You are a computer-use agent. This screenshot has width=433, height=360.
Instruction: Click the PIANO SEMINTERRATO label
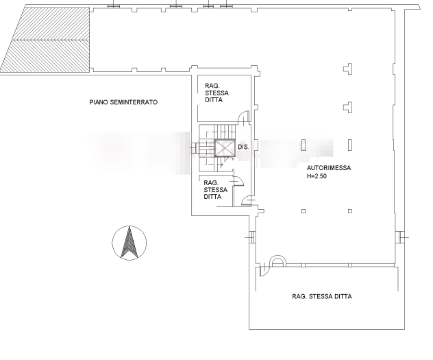(123, 102)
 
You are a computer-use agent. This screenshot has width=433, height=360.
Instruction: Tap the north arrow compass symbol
(129, 243)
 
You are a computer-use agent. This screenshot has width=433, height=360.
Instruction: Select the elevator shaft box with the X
(225, 148)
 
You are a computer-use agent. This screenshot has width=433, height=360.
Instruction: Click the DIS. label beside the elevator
(243, 147)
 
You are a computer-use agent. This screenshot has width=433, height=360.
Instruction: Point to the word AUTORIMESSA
(329, 168)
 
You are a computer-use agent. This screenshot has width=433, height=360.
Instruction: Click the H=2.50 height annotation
(317, 176)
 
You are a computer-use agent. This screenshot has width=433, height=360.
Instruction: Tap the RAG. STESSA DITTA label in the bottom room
(322, 296)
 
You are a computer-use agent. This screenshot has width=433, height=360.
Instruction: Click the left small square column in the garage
(304, 211)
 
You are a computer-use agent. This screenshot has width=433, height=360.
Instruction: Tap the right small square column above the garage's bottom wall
(350, 211)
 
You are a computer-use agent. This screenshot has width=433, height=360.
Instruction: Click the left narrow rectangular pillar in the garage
(304, 145)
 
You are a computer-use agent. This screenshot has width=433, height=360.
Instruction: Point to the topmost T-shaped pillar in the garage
(348, 69)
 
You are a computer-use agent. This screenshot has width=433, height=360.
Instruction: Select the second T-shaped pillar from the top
(348, 107)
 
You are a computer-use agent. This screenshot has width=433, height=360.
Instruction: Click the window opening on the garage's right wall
(401, 237)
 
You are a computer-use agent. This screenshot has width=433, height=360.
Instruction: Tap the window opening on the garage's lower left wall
(251, 237)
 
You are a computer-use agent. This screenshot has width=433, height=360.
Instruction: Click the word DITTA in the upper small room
(214, 99)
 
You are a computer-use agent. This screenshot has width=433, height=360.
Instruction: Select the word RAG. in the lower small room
(211, 183)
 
